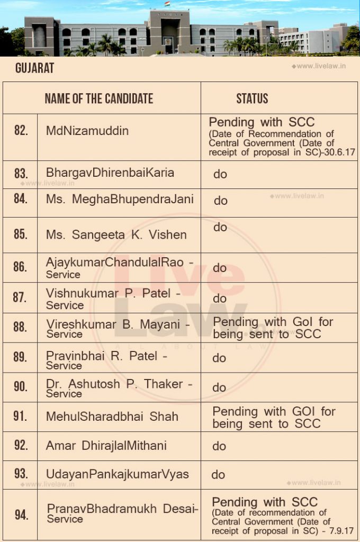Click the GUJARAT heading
[34, 68]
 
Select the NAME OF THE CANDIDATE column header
[98, 98]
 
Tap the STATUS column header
[252, 98]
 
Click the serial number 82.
[21, 130]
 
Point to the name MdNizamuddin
[87, 131]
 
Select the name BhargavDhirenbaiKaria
[110, 173]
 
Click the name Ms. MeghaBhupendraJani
[120, 200]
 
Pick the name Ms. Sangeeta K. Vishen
[116, 234]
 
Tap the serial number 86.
[20, 267]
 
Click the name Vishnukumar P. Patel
[113, 293]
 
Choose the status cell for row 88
[273, 328]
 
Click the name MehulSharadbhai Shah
[112, 417]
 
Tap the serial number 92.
[21, 445]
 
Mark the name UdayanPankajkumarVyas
[118, 474]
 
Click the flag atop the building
[167, 4]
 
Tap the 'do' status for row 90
[219, 387]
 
